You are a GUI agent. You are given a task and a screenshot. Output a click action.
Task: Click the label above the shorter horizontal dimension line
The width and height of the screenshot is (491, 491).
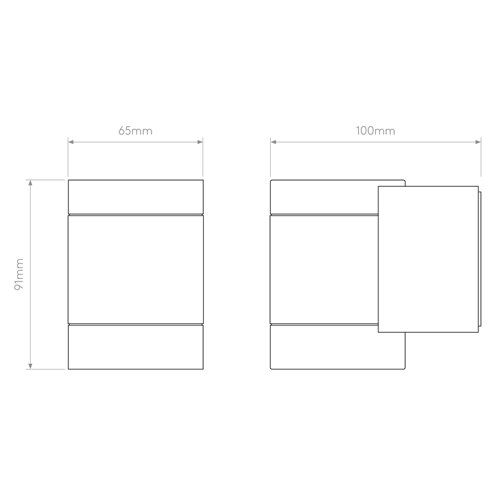[x=136, y=131]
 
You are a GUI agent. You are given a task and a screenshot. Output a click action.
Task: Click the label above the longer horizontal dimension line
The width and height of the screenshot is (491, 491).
[x=375, y=131]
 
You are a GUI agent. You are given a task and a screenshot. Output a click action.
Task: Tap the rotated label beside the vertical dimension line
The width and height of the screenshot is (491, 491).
[x=20, y=274]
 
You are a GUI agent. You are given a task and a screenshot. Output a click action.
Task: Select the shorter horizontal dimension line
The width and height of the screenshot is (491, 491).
[x=136, y=142]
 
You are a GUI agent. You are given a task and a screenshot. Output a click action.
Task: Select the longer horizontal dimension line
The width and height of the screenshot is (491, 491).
[x=375, y=142]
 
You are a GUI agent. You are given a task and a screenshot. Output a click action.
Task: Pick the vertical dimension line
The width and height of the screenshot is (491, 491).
[x=30, y=274]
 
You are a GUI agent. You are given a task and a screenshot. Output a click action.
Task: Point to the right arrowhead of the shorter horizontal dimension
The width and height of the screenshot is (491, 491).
[x=199, y=142]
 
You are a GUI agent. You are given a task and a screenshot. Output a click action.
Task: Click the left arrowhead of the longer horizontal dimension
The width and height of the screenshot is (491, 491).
[x=274, y=142]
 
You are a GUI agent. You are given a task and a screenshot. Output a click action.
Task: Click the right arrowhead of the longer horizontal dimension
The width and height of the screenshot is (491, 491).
[x=477, y=142]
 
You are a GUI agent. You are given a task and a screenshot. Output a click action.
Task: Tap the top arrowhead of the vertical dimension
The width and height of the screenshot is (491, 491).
[x=30, y=185]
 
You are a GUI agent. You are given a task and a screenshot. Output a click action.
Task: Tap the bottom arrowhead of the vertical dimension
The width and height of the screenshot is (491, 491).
[x=30, y=364]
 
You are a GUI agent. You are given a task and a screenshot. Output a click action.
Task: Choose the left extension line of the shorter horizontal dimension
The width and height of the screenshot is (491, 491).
[x=68, y=158]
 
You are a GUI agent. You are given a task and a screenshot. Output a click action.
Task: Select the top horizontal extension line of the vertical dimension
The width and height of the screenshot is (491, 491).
[x=46, y=180]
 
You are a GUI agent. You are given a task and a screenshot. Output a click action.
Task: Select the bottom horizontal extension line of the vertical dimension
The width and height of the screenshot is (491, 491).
[x=46, y=369]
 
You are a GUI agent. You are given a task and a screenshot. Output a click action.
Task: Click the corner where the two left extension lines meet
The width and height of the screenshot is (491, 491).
[x=67, y=180]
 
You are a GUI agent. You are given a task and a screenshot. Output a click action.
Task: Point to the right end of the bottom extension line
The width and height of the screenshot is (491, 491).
[x=65, y=369]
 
